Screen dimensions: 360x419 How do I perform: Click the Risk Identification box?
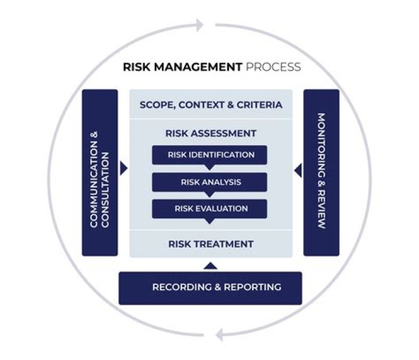[210, 155]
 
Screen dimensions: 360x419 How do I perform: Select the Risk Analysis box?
[210, 182]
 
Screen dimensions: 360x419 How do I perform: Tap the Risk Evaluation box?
[210, 209]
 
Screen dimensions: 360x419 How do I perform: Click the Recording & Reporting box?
[210, 288]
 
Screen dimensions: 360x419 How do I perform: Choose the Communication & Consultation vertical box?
[100, 172]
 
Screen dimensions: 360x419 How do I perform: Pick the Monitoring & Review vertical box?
[321, 172]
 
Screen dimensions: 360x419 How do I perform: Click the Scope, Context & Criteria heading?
[211, 105]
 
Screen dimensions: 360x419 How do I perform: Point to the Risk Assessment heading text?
[211, 133]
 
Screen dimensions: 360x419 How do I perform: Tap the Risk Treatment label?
[211, 243]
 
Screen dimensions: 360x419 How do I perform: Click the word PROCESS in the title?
[274, 67]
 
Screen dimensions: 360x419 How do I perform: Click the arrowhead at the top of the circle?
[200, 25]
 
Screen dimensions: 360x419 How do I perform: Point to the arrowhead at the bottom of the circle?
[219, 334]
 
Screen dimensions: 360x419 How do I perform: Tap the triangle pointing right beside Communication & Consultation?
[123, 169]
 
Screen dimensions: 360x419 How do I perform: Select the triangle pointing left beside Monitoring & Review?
[298, 171]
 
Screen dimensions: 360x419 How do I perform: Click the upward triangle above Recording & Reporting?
[211, 266]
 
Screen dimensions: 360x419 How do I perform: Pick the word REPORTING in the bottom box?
[251, 287]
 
